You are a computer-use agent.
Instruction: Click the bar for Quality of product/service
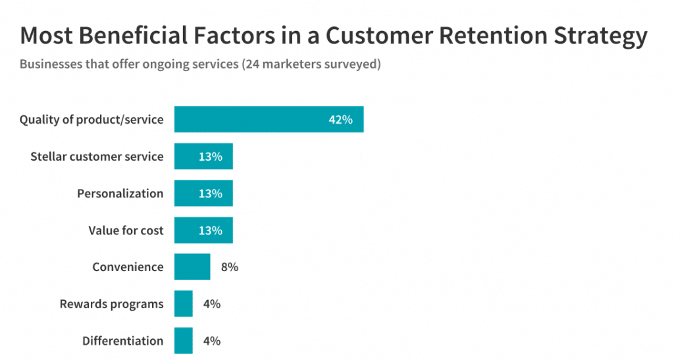click(269, 120)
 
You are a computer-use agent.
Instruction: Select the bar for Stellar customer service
click(203, 157)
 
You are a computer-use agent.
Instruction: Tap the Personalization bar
click(203, 193)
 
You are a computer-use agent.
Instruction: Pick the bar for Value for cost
click(203, 230)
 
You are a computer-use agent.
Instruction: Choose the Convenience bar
click(192, 267)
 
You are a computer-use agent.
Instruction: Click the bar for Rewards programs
click(184, 304)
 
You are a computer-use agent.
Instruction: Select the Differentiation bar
click(184, 341)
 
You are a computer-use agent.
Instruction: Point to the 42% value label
click(341, 120)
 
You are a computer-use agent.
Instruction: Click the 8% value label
click(229, 267)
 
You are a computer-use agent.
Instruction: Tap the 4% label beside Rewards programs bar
click(211, 304)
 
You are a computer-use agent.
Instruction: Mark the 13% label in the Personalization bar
click(211, 193)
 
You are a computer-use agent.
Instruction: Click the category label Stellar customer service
click(97, 157)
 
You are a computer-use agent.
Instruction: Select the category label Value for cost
click(126, 230)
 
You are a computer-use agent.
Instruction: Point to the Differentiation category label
click(122, 341)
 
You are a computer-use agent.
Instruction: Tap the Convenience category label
click(128, 267)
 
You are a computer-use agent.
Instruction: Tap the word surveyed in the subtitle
click(352, 65)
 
